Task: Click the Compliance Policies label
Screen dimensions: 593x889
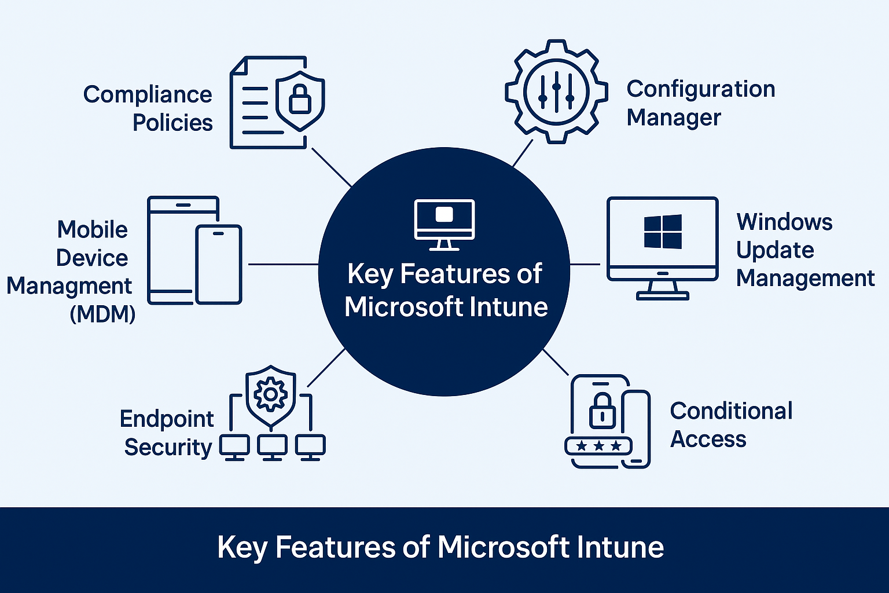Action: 148,108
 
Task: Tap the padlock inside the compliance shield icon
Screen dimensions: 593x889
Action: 300,100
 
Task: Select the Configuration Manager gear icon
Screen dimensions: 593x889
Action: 556,92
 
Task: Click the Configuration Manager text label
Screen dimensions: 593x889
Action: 700,103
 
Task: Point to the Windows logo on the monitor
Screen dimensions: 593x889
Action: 663,232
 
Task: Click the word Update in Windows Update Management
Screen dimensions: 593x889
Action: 775,250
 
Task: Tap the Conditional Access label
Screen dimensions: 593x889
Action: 730,424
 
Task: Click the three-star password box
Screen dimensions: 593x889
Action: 598,446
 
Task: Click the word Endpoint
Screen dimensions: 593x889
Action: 167,419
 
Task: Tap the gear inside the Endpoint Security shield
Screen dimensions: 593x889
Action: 270,395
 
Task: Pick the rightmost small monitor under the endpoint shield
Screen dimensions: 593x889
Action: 310,447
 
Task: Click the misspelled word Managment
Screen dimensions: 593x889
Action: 69,286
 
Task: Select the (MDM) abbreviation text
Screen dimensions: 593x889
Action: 102,314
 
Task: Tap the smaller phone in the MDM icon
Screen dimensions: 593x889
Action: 218,264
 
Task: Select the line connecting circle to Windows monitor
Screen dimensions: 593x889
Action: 585,264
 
